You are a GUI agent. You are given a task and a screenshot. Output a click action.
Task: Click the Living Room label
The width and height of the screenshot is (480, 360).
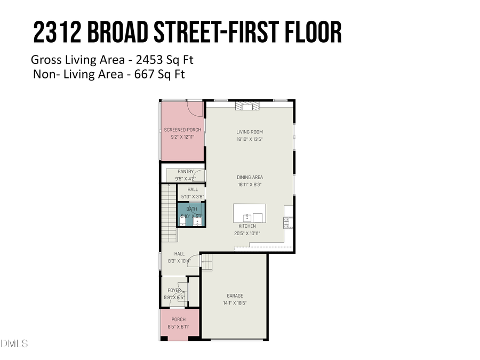click(250, 132)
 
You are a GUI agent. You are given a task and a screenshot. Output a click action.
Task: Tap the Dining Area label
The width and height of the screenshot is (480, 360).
click(250, 177)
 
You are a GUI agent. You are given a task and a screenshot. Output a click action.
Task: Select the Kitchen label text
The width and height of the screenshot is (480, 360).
click(247, 226)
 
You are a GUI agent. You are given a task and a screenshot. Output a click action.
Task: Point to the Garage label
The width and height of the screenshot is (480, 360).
click(235, 296)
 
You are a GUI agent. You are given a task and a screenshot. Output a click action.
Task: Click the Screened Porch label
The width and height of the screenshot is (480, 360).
click(182, 130)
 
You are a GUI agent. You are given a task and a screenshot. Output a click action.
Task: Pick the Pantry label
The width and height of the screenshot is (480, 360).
click(186, 172)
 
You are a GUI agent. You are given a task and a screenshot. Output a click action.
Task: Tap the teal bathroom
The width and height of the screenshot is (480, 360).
click(191, 214)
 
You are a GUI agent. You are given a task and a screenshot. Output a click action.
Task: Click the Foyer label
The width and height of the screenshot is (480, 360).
click(174, 291)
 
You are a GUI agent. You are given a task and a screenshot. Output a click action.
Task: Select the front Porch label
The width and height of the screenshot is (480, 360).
click(178, 319)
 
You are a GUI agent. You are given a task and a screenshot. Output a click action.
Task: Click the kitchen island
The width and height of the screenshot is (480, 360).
click(250, 213)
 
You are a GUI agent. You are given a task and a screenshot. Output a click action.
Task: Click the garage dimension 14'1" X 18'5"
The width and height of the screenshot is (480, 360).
click(235, 303)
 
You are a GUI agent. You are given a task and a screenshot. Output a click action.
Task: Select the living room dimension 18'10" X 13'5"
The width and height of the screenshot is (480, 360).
click(250, 139)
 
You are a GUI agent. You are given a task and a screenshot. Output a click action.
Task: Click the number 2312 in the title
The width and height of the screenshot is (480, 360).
click(55, 33)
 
